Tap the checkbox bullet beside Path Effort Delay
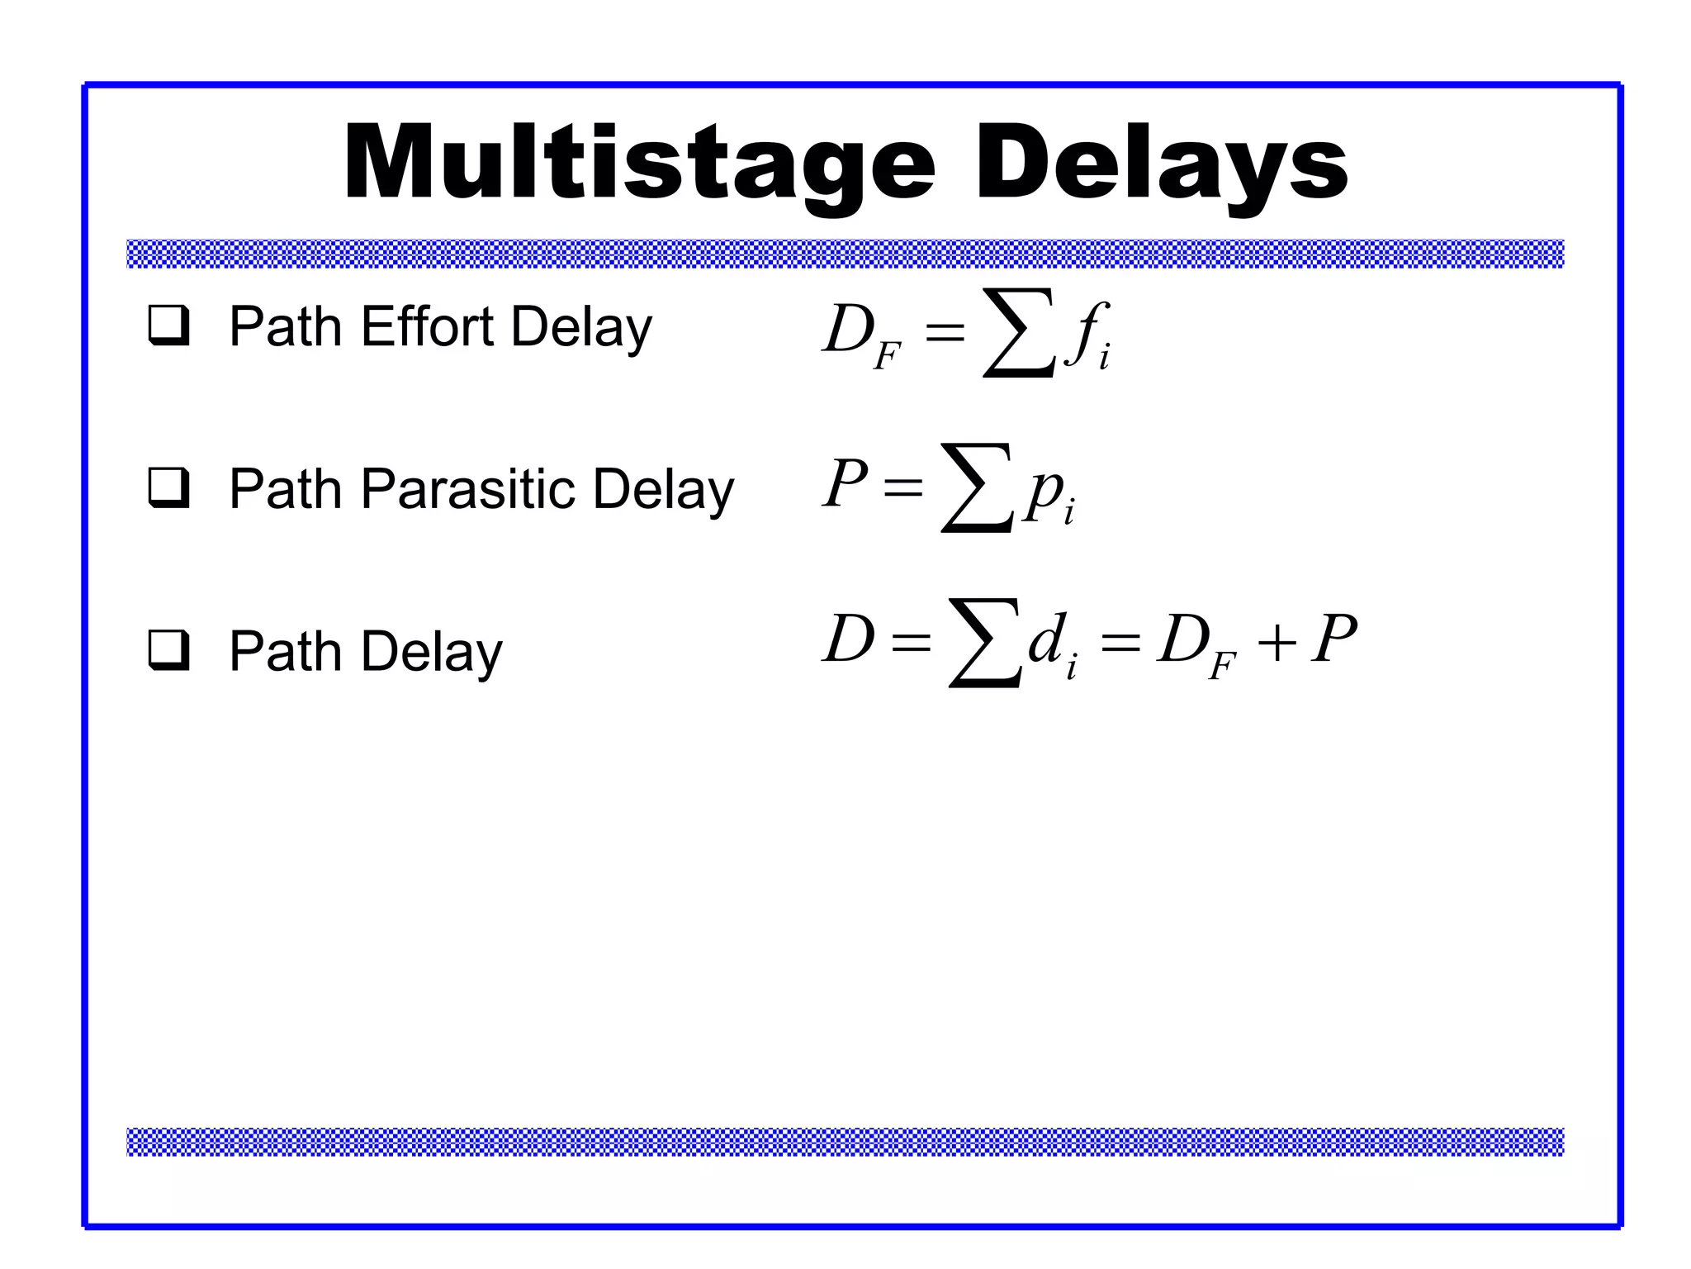tap(168, 326)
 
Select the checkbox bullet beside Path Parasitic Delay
tap(168, 487)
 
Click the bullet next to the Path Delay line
tap(168, 650)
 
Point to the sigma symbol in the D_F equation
tap(1019, 332)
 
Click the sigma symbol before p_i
tap(977, 487)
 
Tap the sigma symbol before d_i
tap(985, 643)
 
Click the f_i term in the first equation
tap(1087, 335)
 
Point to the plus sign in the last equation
tap(1277, 642)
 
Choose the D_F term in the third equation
tap(1194, 645)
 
